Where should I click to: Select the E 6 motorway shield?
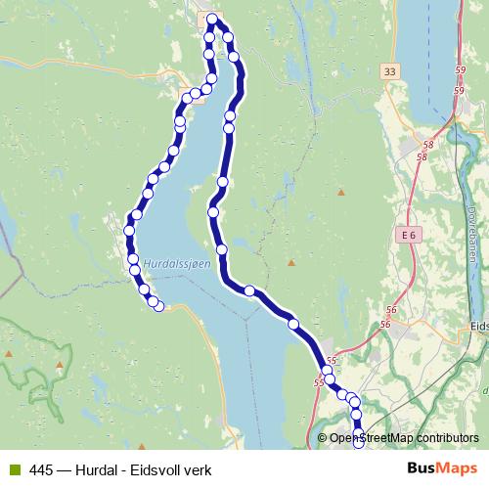[409, 237]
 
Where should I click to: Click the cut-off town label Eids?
[478, 326]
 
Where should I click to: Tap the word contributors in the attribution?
[449, 438]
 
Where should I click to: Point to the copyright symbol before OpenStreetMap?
[323, 438]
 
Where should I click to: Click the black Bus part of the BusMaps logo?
[422, 469]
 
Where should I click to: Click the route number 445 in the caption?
[41, 469]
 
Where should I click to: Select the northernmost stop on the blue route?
[212, 19]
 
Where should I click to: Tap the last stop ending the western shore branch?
[159, 308]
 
